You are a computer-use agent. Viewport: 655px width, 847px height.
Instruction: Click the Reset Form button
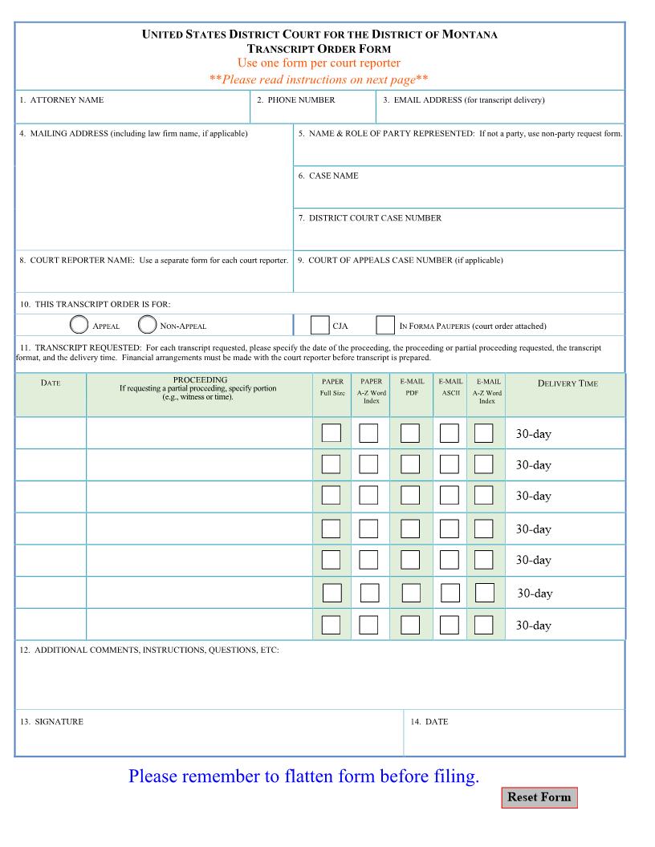pyautogui.click(x=539, y=797)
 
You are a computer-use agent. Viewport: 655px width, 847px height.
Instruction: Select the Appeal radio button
pyautogui.click(x=79, y=325)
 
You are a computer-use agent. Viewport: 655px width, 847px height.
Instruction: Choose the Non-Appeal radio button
pyautogui.click(x=148, y=325)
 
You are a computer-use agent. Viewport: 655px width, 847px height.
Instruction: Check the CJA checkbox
pyautogui.click(x=319, y=325)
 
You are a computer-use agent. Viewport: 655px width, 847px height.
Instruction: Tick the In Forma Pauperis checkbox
pyautogui.click(x=385, y=325)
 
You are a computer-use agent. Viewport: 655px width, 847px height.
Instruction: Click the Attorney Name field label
pyautogui.click(x=62, y=100)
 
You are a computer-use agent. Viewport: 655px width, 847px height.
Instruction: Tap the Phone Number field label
pyautogui.click(x=295, y=100)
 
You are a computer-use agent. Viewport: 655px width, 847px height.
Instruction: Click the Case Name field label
pyautogui.click(x=328, y=176)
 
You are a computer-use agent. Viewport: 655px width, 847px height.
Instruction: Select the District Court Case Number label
pyautogui.click(x=369, y=218)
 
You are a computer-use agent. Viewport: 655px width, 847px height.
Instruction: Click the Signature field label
pyautogui.click(x=51, y=722)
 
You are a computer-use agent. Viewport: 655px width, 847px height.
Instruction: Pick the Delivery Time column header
pyautogui.click(x=568, y=383)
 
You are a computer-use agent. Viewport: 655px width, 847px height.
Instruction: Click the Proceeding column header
pyautogui.click(x=199, y=380)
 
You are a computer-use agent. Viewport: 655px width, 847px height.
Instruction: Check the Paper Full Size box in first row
pyautogui.click(x=331, y=433)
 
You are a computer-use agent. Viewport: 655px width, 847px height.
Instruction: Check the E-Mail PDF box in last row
pyautogui.click(x=410, y=625)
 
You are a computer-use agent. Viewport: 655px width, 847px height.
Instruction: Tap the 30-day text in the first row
pyautogui.click(x=533, y=434)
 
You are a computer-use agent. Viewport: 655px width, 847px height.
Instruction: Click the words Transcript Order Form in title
pyautogui.click(x=319, y=49)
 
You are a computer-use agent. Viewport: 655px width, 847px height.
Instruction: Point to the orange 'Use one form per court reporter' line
pyautogui.click(x=319, y=63)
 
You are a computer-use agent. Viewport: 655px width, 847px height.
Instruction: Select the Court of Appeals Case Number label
pyautogui.click(x=400, y=260)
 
